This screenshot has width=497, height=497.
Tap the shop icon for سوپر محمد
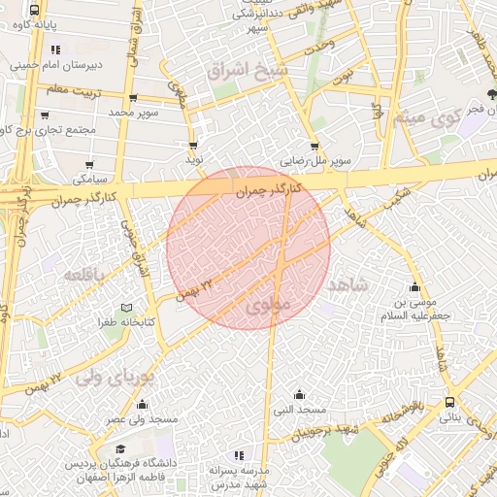[133, 98]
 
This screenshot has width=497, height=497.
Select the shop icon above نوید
[193, 146]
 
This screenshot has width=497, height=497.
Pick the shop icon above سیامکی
[90, 165]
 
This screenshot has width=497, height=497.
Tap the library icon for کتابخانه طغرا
[112, 308]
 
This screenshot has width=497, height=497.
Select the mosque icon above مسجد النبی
[299, 394]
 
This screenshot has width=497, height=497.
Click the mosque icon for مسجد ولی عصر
[143, 405]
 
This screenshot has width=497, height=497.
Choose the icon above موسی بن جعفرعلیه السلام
[415, 287]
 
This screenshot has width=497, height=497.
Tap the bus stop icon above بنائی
[449, 403]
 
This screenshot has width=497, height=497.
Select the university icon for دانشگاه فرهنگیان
[121, 449]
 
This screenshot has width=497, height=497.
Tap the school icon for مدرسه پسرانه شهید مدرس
[238, 455]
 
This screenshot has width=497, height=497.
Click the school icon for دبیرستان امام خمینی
[55, 50]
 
